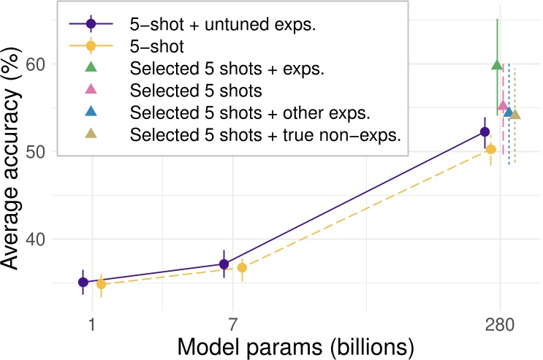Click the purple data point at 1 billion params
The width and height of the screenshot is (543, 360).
[x=83, y=282]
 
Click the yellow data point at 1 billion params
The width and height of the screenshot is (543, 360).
[x=101, y=284]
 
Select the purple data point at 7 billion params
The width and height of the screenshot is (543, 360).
[x=224, y=264]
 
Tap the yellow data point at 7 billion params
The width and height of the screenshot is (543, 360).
[x=242, y=267]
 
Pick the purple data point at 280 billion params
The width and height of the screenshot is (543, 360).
[x=485, y=131]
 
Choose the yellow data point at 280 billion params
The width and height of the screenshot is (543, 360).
[x=491, y=149]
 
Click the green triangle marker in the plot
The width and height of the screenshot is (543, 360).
[x=497, y=66]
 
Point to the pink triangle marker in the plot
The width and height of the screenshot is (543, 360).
[x=503, y=105]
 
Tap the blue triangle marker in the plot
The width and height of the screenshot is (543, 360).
[x=509, y=111]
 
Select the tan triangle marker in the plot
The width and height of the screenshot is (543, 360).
[x=514, y=114]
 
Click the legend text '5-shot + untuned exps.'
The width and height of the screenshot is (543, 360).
[x=208, y=25]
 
